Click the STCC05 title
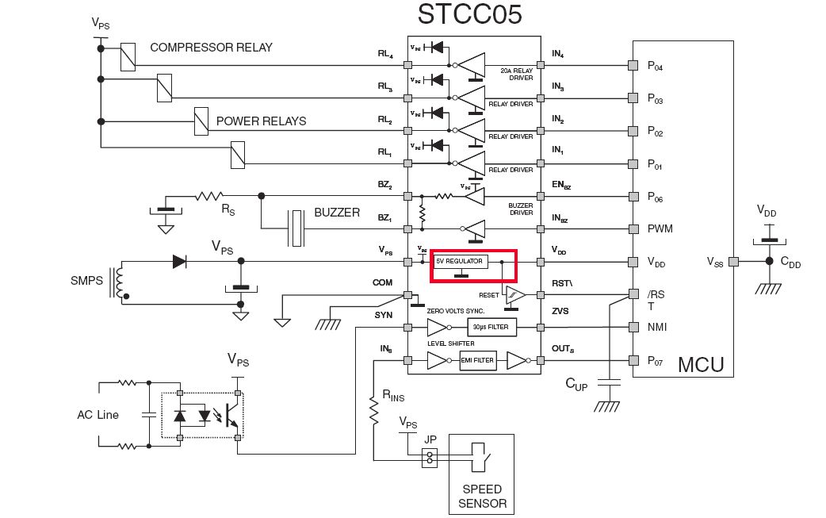point(470,15)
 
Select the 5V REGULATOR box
point(459,261)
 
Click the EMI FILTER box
point(477,360)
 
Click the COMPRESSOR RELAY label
point(211,48)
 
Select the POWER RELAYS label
point(261,121)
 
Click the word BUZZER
point(337,213)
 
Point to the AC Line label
point(98,415)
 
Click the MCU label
point(699,366)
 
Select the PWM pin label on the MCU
point(660,229)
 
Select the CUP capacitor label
point(577,384)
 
